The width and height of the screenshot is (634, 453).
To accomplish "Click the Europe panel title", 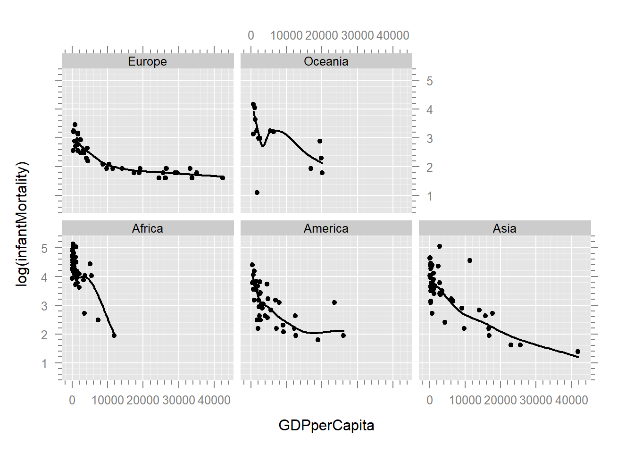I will click(147, 61).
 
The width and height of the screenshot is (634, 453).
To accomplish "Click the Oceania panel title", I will click(326, 61).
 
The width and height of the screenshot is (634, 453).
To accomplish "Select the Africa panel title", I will click(147, 228).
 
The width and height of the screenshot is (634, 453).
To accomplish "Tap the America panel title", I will click(326, 228).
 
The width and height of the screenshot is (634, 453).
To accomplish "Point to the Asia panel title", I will click(504, 228).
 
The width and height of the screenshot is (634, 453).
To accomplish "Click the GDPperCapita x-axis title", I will click(326, 425).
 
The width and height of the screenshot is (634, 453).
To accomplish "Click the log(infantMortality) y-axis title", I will click(22, 224).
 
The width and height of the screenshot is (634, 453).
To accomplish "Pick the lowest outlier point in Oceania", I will click(257, 193).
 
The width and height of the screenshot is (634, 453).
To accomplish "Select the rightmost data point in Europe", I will click(223, 178).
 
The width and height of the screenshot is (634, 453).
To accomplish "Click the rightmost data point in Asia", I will click(578, 352).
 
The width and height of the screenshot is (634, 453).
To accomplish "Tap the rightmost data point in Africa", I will click(114, 336).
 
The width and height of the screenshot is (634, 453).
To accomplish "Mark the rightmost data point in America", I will click(343, 336).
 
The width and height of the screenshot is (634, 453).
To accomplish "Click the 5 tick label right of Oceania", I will click(429, 81).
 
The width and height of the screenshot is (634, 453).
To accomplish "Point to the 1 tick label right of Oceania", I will click(429, 196).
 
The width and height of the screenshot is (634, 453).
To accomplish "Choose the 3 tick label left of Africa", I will click(44, 306).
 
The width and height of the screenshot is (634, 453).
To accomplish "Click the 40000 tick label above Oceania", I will click(393, 35).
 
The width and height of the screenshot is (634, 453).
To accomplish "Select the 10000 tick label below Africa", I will click(108, 400).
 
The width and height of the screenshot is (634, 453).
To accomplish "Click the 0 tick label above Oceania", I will click(251, 35).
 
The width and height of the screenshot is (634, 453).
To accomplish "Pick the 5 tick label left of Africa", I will click(44, 248).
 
